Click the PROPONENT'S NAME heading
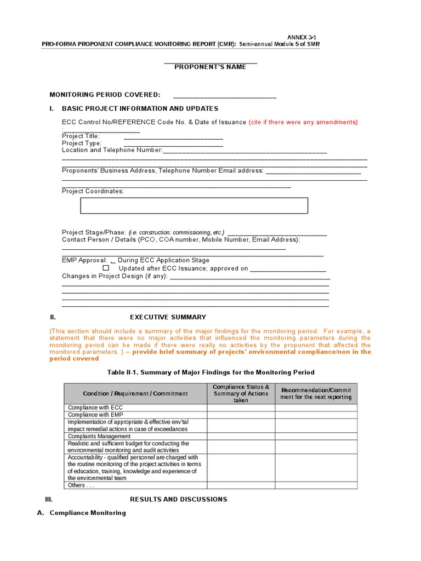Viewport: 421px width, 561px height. pos(210,67)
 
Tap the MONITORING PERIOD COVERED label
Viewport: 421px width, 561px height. pos(105,95)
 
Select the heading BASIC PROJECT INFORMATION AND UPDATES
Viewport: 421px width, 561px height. pos(140,108)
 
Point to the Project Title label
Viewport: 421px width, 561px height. pos(81,136)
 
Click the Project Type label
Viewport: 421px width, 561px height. pos(82,143)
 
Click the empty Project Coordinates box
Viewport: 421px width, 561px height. pos(194,205)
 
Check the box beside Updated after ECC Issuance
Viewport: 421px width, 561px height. pos(106,268)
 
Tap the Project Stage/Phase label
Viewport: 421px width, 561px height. pos(94,232)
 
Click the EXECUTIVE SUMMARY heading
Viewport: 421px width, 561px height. pos(168,317)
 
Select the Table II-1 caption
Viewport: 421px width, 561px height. pos(210,373)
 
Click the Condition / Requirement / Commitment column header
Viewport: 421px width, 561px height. pos(135,393)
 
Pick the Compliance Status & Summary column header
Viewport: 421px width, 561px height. pos(241,393)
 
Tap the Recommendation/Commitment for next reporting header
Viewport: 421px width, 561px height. pos(316,393)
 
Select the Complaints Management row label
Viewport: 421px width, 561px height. pos(99,436)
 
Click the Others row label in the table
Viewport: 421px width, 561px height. pos(80,485)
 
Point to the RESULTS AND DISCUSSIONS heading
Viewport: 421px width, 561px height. pos(178,500)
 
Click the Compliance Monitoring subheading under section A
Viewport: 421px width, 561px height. pos(88,513)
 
